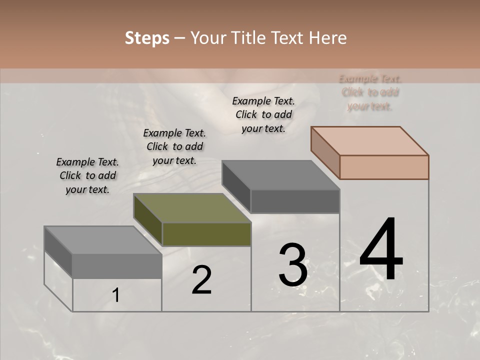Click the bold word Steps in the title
147,38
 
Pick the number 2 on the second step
201,280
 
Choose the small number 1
116,295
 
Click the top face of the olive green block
192,208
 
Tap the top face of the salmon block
370,140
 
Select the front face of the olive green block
206,234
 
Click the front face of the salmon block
384,167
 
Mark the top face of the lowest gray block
103,240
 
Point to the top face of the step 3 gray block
280,175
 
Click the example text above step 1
87,176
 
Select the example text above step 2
174,147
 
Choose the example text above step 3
263,114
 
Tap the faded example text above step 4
370,92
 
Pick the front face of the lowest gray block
117,266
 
